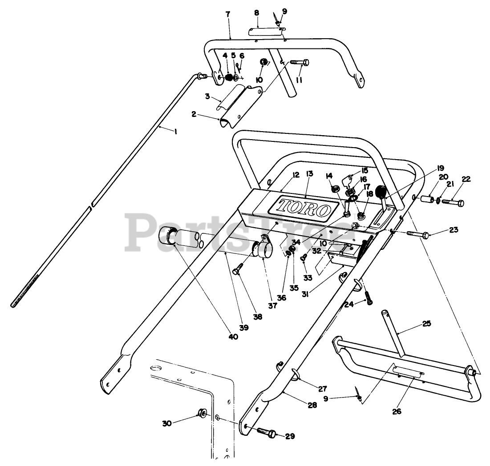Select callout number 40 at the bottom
pos(233,337)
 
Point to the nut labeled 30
pos(201,415)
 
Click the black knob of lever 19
pos(381,192)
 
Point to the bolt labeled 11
pos(300,63)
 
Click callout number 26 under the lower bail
pos(397,411)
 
